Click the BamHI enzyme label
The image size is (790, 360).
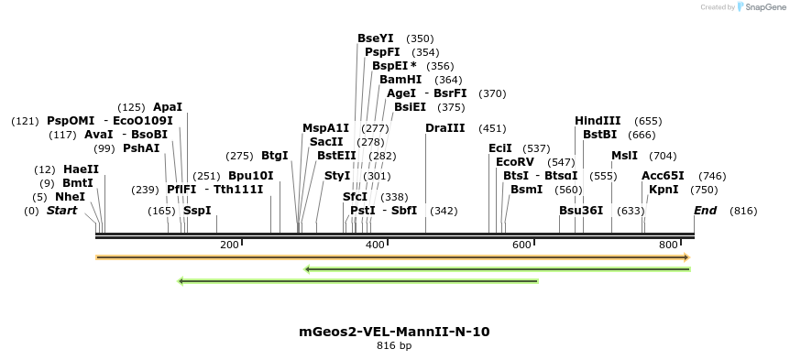point(400,80)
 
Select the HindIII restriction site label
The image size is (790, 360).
point(598,121)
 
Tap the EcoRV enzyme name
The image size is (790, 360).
point(514,162)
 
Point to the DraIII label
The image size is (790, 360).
point(444,128)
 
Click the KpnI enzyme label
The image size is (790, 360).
point(664,190)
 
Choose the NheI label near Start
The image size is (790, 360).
point(70,197)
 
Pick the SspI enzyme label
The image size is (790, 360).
point(197,211)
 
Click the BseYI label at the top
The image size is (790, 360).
point(375,38)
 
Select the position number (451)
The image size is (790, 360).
point(492,128)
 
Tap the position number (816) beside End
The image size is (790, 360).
point(743,211)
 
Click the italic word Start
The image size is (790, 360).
point(62,211)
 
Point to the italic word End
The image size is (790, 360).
point(705,211)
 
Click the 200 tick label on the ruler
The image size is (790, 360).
point(229,245)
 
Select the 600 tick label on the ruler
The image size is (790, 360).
point(521,245)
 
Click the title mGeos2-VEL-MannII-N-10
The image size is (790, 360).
point(394,332)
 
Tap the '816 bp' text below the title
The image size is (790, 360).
point(394,346)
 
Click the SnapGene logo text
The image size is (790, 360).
point(763,7)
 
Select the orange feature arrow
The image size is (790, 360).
point(392,257)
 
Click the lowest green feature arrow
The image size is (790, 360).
point(357,281)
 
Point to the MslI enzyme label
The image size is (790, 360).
point(624,156)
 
